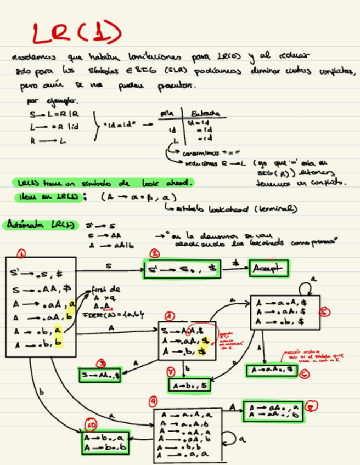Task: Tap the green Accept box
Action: point(269,269)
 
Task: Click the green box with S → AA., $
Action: point(99,376)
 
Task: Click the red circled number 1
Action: point(21,253)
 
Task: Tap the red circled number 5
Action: point(325,311)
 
